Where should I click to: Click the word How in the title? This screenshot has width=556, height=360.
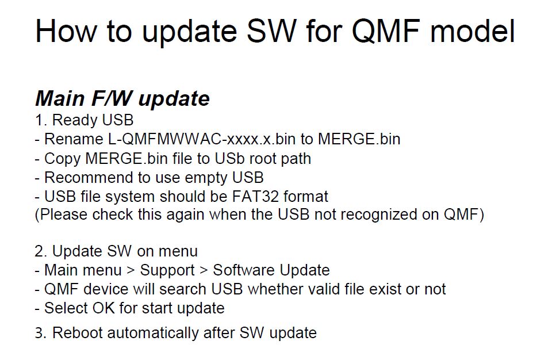point(66,31)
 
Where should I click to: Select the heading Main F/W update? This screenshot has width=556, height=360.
point(122,98)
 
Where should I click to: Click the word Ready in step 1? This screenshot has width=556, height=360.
point(74,121)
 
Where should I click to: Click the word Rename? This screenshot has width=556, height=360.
point(74,139)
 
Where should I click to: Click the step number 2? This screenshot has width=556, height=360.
point(40,251)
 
